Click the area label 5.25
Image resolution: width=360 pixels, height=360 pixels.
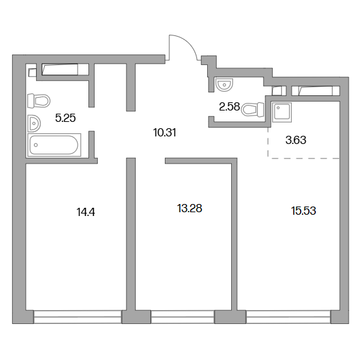[66, 118]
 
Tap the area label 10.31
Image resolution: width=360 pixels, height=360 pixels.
[165, 133]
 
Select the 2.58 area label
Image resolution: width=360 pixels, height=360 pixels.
[229, 107]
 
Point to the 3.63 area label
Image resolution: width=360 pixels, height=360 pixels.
[296, 140]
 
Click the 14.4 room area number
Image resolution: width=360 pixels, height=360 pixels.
[86, 212]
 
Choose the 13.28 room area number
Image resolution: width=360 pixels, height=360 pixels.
[189, 208]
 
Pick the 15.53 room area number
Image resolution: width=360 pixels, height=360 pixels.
[304, 211]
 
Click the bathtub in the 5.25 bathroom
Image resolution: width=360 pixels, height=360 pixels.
[54, 145]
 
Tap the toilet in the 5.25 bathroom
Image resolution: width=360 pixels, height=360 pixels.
[39, 100]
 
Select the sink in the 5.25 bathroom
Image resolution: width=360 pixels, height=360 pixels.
[34, 124]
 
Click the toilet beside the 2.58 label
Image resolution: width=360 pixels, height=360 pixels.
[253, 109]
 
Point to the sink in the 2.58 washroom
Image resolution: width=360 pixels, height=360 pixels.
[224, 85]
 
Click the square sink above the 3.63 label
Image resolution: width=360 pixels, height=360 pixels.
[282, 112]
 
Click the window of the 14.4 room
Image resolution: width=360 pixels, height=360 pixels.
[78, 317]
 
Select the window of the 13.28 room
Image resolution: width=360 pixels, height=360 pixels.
[183, 317]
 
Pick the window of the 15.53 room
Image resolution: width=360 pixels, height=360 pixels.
[289, 317]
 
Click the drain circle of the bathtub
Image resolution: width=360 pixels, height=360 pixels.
[35, 145]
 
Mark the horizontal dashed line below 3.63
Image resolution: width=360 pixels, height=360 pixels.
[304, 158]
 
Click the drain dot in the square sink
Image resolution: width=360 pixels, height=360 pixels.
[279, 107]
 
